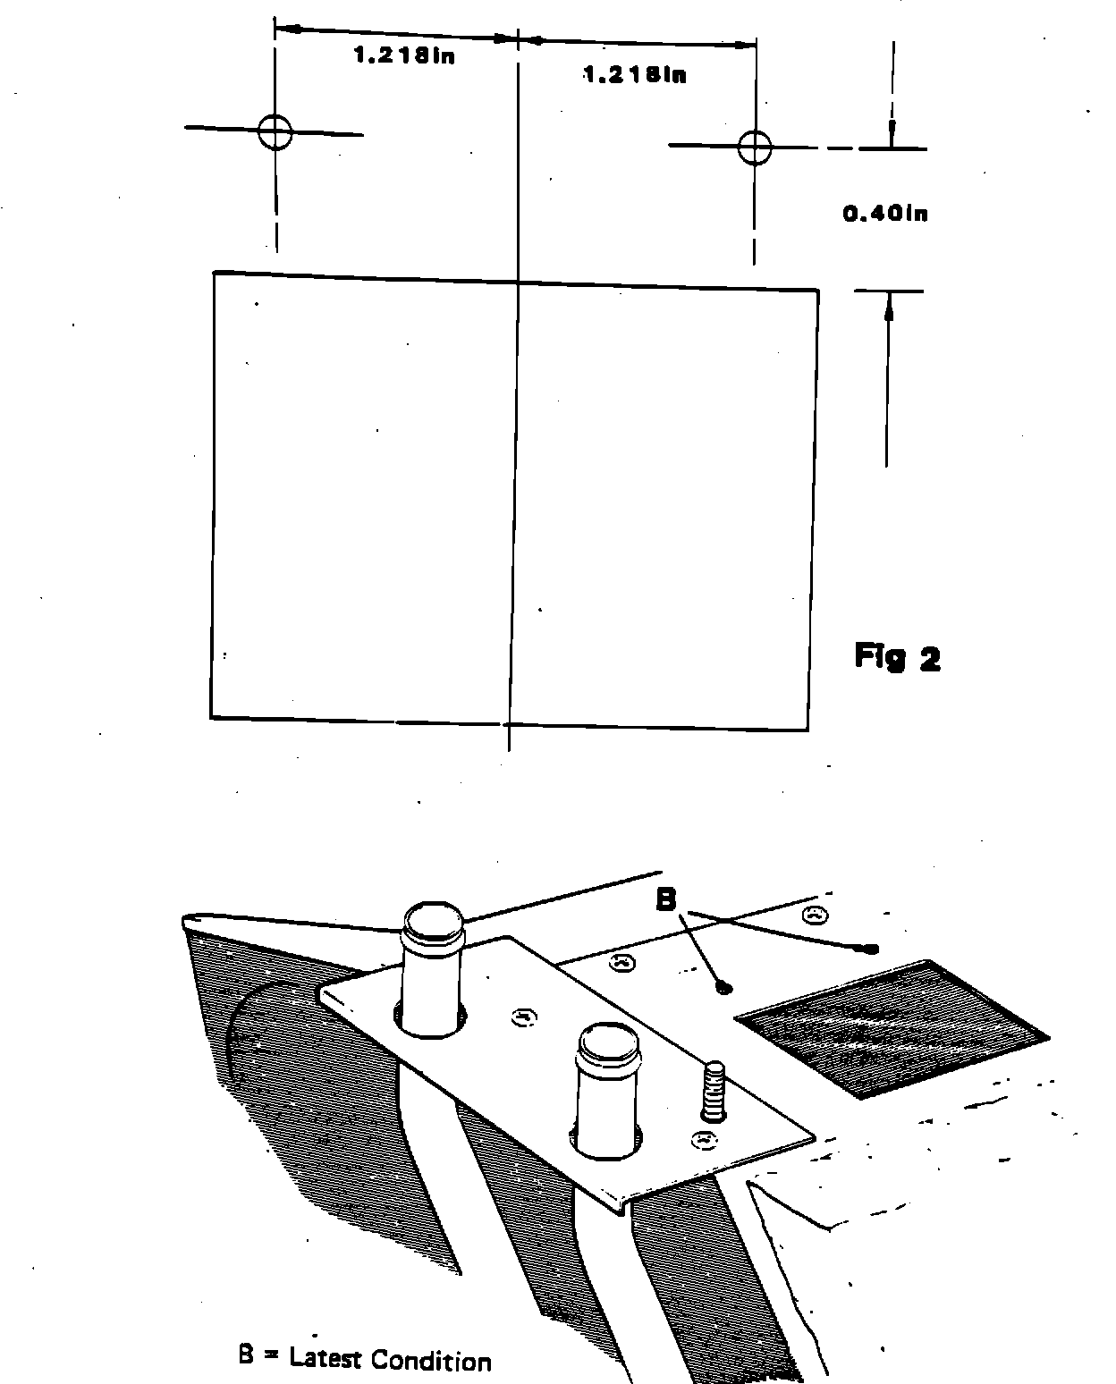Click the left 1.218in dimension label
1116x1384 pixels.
(404, 57)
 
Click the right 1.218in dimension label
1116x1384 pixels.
(636, 75)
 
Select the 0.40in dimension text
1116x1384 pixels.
(885, 214)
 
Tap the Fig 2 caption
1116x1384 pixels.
(897, 657)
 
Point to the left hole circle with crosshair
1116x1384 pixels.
(275, 132)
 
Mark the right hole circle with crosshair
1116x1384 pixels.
(756, 147)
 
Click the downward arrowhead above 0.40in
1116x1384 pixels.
(891, 134)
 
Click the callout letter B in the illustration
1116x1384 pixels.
(666, 899)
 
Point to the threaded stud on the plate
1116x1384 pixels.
(714, 1090)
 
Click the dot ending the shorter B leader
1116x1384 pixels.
(725, 988)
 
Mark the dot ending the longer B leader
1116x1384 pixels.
(871, 949)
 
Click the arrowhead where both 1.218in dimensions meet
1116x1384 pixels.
(517, 38)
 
